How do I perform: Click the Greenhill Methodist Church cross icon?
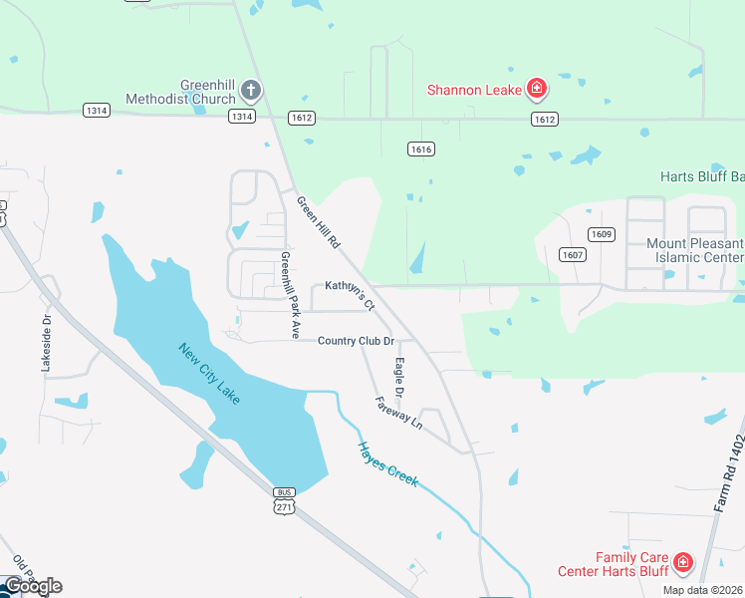tap(250, 91)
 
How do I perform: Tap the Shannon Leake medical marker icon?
tap(537, 90)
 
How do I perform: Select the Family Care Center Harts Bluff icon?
tap(682, 563)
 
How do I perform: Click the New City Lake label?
tap(209, 374)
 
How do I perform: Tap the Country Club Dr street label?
tap(356, 341)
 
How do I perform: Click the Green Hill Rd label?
tap(319, 222)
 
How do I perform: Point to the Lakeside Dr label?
tap(46, 345)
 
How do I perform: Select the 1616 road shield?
tap(420, 149)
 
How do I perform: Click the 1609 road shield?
tap(600, 235)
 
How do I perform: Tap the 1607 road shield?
tap(571, 254)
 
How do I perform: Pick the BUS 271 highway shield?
tap(285, 501)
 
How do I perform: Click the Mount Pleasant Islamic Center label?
tap(695, 250)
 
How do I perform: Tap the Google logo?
tap(32, 586)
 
